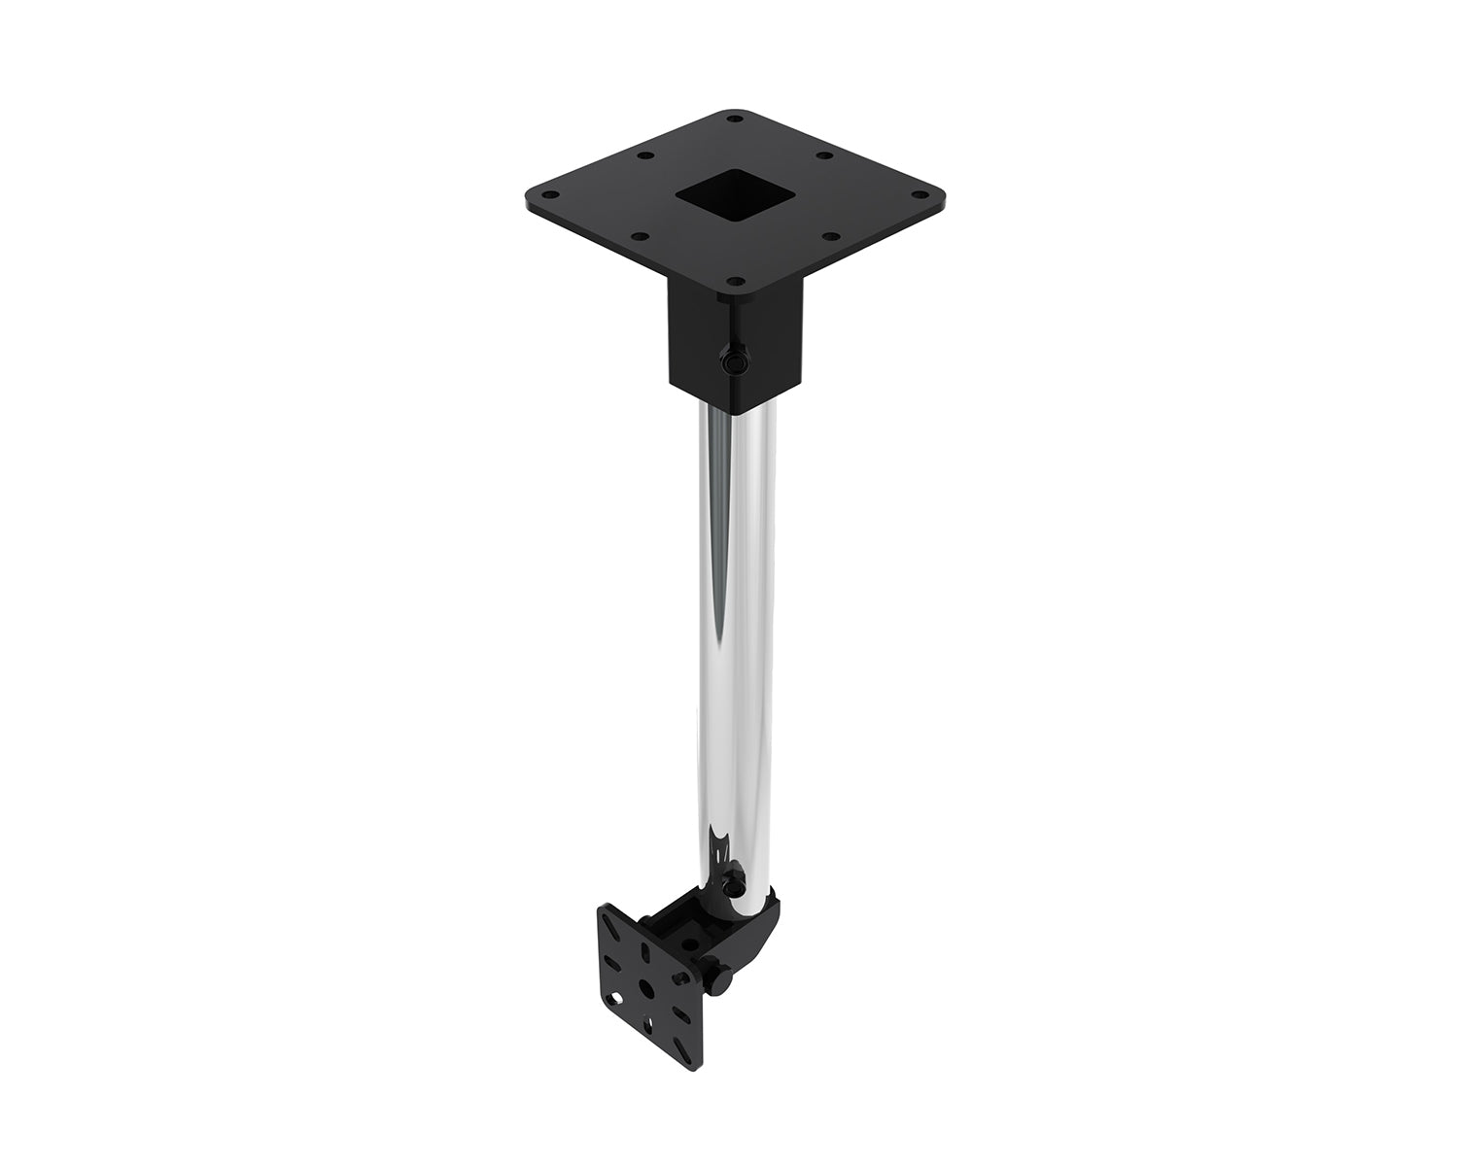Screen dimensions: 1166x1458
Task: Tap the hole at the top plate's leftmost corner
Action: [538, 190]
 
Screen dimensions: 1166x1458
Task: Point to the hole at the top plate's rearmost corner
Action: [735, 119]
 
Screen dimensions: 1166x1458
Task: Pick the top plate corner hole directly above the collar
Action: [736, 282]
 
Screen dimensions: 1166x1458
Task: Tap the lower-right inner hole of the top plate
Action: [830, 235]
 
